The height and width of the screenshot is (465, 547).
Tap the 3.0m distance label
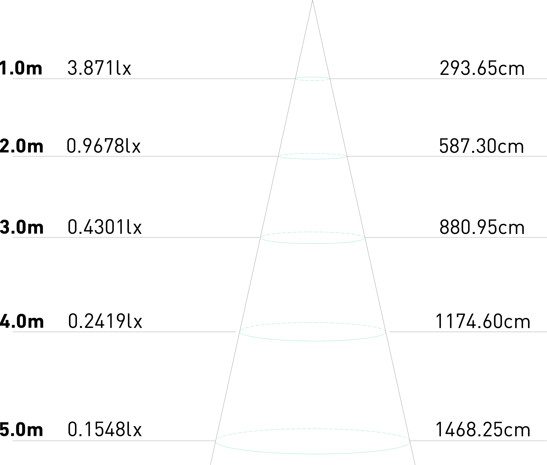tap(22, 227)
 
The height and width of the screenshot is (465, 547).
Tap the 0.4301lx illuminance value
tap(105, 227)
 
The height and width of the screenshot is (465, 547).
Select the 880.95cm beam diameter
tap(482, 227)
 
